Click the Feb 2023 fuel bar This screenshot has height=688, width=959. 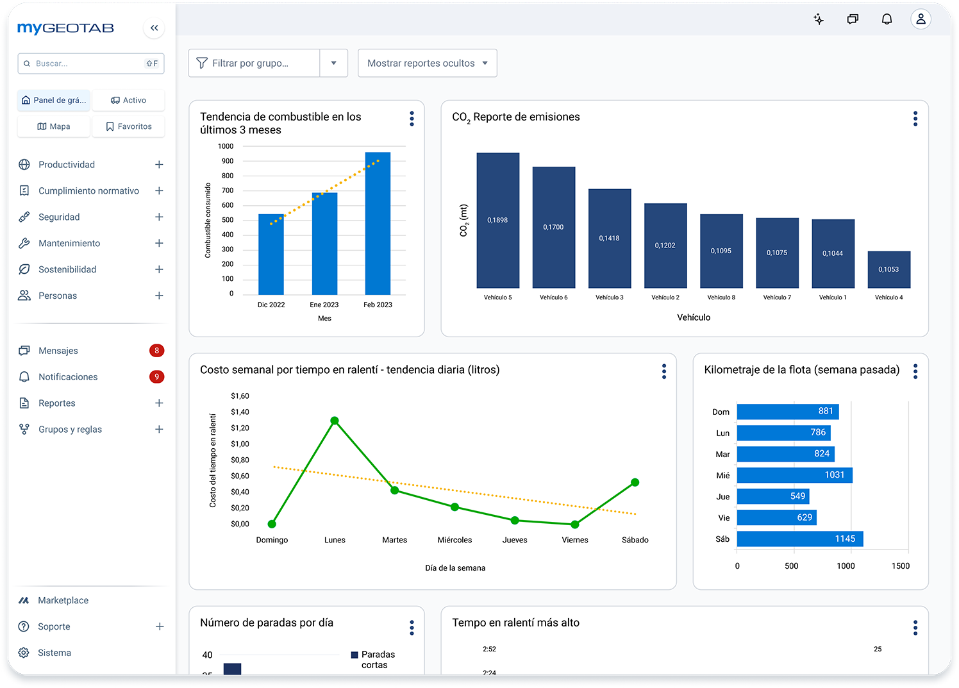click(378, 223)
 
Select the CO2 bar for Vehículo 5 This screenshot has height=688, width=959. click(498, 220)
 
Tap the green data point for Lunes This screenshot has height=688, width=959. click(335, 421)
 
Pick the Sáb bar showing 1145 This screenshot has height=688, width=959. click(800, 539)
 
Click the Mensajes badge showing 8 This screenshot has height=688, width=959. click(156, 351)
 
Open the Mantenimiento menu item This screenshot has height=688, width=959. click(69, 243)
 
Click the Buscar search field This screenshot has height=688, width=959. click(91, 63)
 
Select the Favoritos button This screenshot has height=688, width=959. click(128, 126)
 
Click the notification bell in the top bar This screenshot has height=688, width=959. click(887, 19)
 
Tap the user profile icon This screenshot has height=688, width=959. click(921, 19)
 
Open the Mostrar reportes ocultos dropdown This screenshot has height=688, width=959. click(428, 63)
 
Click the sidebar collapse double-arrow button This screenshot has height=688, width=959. click(154, 28)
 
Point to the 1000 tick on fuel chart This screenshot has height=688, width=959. click(226, 146)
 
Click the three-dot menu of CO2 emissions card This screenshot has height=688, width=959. click(915, 119)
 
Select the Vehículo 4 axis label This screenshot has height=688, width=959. click(888, 297)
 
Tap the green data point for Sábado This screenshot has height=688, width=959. click(635, 483)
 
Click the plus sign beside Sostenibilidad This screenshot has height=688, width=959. click(159, 269)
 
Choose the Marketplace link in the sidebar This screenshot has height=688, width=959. click(63, 600)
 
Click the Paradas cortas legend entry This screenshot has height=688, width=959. click(373, 659)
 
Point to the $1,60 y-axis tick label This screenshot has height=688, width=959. click(240, 396)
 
